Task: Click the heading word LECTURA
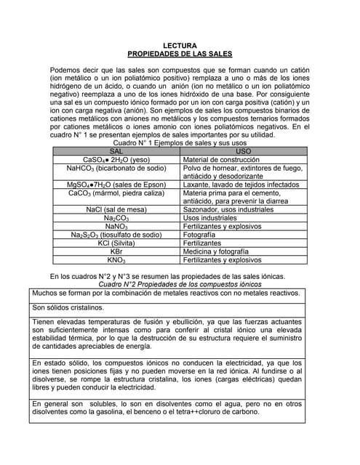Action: pos(179,46)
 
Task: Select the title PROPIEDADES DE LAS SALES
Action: pos(179,54)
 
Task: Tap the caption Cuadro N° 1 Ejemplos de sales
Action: pos(180,143)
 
